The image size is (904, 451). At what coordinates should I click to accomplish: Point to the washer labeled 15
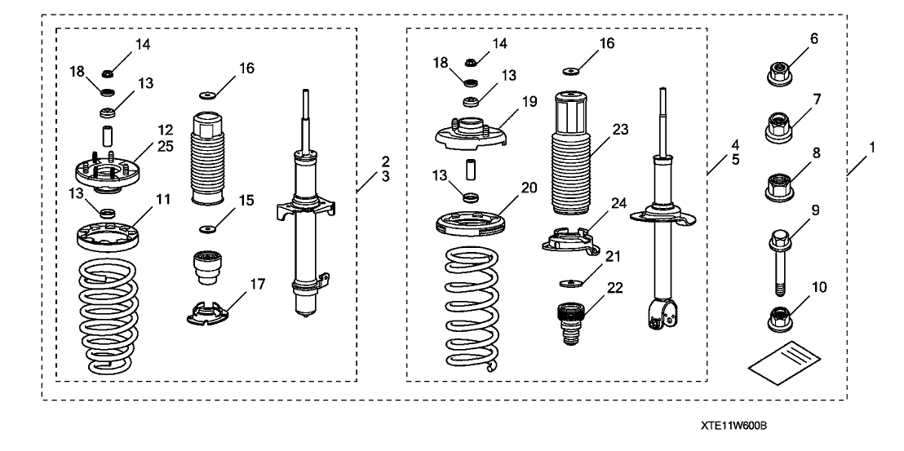(x=207, y=228)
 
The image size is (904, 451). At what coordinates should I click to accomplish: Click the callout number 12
(x=166, y=129)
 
